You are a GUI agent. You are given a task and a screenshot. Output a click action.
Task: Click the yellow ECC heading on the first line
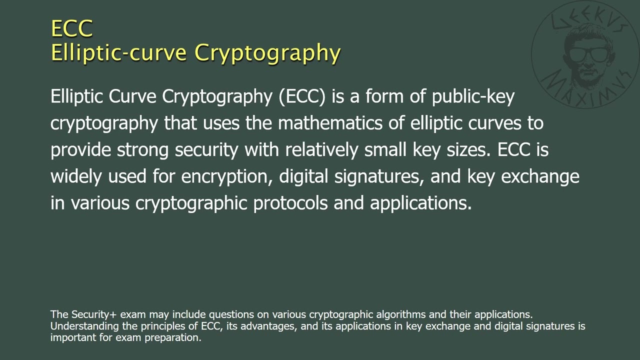click(x=72, y=28)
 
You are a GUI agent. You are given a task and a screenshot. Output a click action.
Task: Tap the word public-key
click(x=473, y=96)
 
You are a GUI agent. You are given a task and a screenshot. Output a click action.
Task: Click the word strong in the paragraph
click(x=143, y=149)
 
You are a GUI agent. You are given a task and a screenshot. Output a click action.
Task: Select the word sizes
click(x=467, y=149)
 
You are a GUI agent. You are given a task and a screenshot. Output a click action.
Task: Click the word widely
click(x=76, y=176)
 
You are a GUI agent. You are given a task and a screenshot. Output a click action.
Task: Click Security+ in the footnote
click(x=94, y=314)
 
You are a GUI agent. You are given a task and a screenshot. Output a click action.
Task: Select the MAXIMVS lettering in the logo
click(x=580, y=90)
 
